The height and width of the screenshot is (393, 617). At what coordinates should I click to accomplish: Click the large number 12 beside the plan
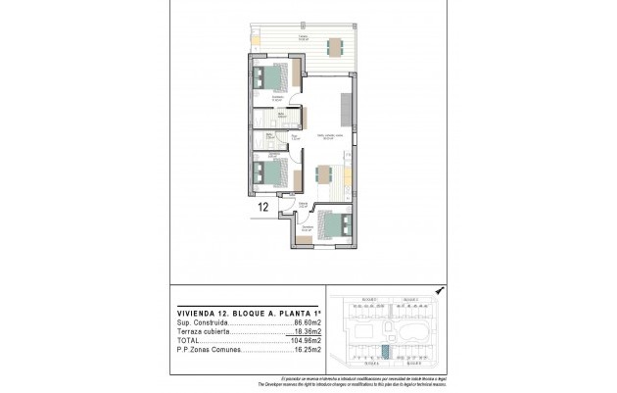[x=262, y=208]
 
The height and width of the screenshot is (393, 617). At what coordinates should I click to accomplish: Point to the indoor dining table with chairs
[x=325, y=176]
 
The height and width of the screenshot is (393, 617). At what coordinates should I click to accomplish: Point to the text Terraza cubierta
[x=201, y=331]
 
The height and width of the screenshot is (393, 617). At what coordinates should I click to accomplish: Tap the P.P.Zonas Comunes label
[x=205, y=350]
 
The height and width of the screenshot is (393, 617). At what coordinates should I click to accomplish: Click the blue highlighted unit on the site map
[x=384, y=351]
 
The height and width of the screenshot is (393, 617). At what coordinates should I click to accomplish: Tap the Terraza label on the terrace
[x=304, y=37]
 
